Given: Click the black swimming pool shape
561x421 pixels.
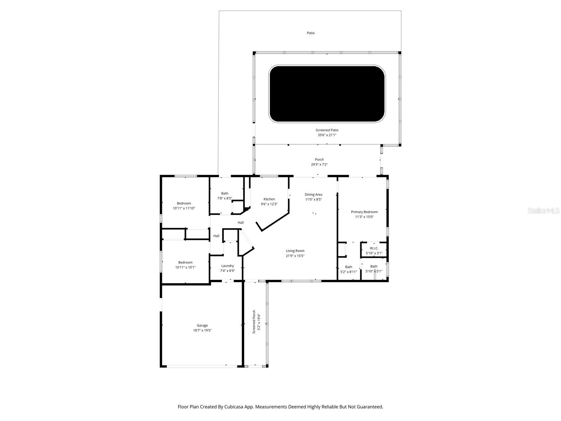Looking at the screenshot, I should (x=327, y=94).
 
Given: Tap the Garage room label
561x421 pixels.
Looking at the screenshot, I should (x=202, y=325).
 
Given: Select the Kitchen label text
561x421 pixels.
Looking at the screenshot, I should (x=269, y=199).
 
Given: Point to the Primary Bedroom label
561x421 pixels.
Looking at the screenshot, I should (x=364, y=212).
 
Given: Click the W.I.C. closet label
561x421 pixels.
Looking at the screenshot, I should (x=374, y=248).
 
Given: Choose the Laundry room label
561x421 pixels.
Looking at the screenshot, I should (x=227, y=266).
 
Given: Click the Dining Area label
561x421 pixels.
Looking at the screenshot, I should (x=313, y=194).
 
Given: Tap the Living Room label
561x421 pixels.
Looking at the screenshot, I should (x=295, y=250).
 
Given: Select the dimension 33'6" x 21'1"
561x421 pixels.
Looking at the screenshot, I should (x=327, y=135).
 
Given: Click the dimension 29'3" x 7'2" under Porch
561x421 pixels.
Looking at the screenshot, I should (x=319, y=164).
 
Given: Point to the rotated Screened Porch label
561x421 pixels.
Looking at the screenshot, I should (x=254, y=322).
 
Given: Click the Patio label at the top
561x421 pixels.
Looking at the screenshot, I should (x=311, y=33).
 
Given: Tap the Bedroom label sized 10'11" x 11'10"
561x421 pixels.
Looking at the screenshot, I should (x=184, y=203).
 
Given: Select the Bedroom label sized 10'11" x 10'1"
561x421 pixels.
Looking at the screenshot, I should (x=185, y=262).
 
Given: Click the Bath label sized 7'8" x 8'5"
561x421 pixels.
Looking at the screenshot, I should (x=224, y=193).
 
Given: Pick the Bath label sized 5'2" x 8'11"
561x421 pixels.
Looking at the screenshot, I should (x=348, y=267).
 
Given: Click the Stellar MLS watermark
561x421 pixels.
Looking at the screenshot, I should (x=543, y=210).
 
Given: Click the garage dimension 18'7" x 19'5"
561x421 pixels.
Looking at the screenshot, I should (x=202, y=330).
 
